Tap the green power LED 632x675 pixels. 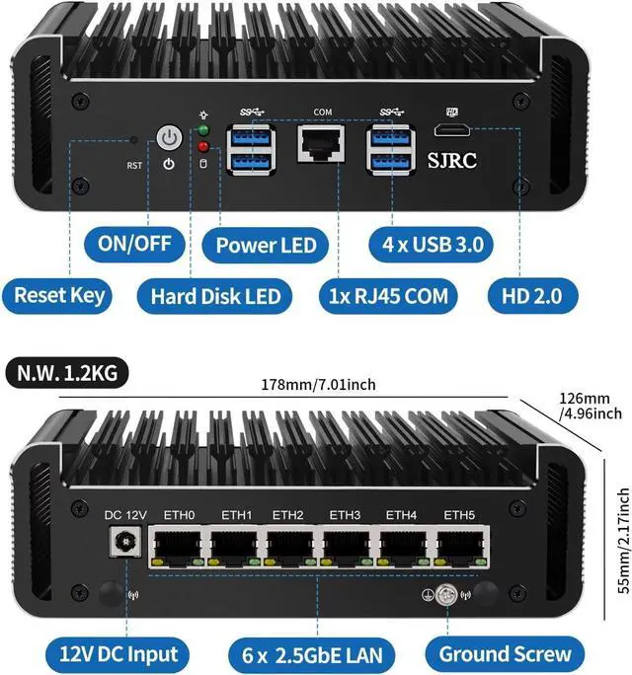pos(204,131)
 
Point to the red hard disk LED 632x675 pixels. pos(204,148)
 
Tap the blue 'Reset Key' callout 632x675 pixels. pos(59,294)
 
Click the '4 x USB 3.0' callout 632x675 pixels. pos(432,243)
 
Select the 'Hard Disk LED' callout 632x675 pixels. pos(215,294)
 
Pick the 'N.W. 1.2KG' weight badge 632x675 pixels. pos(65,374)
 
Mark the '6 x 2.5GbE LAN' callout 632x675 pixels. pos(318,652)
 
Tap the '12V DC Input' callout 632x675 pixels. pos(118,652)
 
